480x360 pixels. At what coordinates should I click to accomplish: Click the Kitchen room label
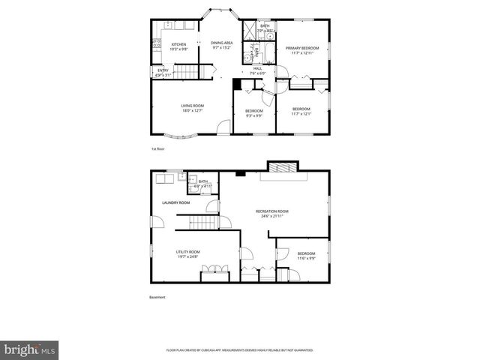[x=178, y=44]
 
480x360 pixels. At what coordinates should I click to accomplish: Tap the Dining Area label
[x=221, y=43]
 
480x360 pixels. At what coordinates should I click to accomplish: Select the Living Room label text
[x=192, y=106]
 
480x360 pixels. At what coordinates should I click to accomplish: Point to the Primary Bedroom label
[x=301, y=48]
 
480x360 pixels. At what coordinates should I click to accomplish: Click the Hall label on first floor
[x=258, y=68]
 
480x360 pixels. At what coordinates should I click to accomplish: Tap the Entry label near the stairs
[x=163, y=70]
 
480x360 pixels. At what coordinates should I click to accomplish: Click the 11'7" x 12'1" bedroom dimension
[x=301, y=113]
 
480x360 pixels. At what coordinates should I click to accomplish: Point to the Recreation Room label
[x=271, y=211]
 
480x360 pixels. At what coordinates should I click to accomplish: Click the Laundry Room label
[x=177, y=202]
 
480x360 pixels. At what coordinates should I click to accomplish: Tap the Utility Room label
[x=187, y=252]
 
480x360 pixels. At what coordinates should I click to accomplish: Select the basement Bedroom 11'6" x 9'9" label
[x=306, y=256]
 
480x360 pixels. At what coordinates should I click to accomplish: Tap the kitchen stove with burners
[x=156, y=44]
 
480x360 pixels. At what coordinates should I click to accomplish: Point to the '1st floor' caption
[x=157, y=149]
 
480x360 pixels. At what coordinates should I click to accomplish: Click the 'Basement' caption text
[x=157, y=297]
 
